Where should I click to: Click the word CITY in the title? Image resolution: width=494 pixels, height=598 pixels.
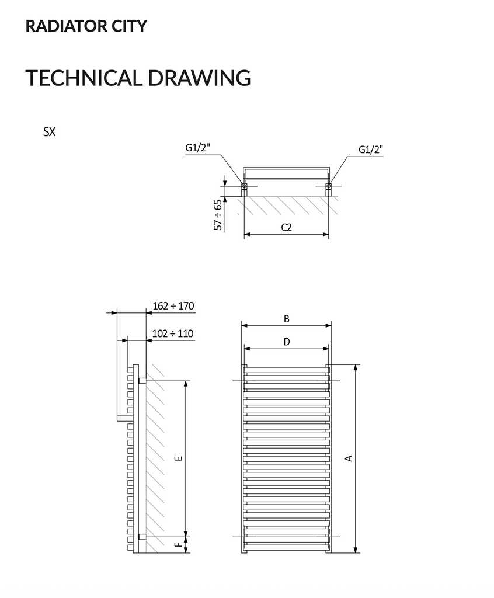(x=129, y=26)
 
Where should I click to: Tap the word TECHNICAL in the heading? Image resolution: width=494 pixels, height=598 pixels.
(x=84, y=78)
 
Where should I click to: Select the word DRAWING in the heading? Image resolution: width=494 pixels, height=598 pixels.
(x=199, y=78)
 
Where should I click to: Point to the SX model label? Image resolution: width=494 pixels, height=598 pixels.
(x=50, y=132)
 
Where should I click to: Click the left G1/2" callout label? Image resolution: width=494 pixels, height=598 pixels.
(x=198, y=148)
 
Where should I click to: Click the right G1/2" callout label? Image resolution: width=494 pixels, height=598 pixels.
(x=371, y=149)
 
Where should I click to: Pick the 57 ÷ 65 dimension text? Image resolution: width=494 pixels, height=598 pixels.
(x=218, y=215)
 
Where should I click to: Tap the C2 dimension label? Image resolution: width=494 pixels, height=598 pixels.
(x=287, y=227)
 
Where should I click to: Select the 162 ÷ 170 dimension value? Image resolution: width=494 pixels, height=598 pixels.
(x=173, y=306)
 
